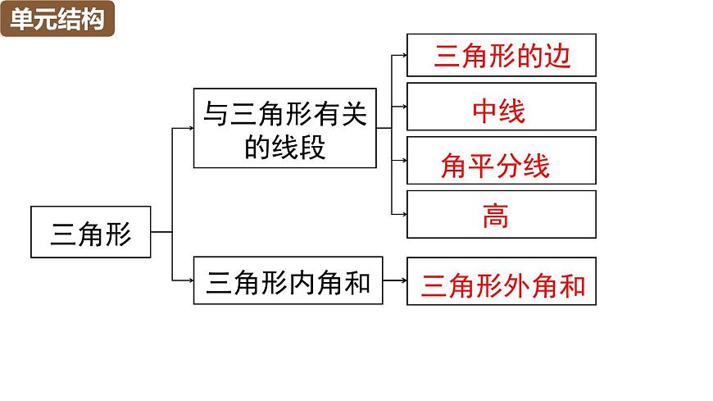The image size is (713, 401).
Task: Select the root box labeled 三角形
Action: [x=90, y=232]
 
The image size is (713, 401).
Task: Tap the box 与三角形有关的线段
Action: [x=285, y=128]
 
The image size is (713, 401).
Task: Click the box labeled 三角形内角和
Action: [x=288, y=280]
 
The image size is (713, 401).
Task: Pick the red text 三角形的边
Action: [x=501, y=56]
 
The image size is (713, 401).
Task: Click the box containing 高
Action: [x=501, y=215]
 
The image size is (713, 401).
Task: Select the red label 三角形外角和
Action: [x=502, y=284]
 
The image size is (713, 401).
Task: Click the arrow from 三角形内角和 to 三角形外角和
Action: [x=394, y=280]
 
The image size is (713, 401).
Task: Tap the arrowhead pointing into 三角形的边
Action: [x=403, y=56]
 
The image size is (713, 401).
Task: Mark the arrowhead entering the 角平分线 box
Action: [x=403, y=161]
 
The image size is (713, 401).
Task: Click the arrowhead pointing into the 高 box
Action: [x=403, y=215]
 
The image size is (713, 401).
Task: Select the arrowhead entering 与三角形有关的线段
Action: [x=189, y=128]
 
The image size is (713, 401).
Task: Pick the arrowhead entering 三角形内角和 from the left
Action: [x=189, y=280]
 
